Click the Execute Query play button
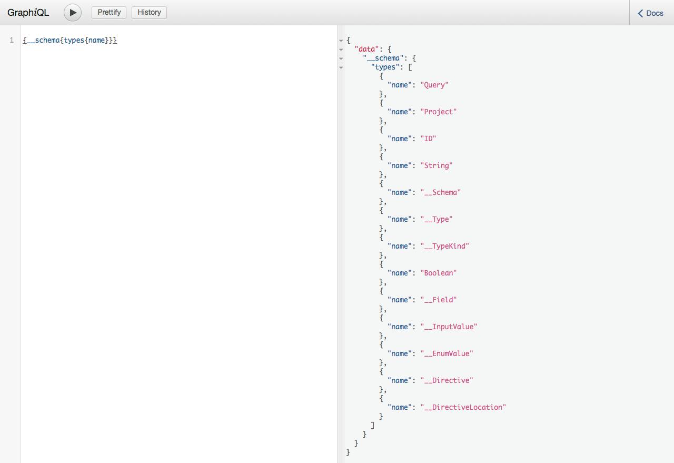pos(73,13)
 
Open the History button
pos(149,13)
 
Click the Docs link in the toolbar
pos(650,13)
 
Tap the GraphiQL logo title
pos(28,13)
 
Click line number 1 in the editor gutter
pos(12,40)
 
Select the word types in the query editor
pos(74,41)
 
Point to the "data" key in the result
pos(367,49)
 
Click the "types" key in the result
pos(385,67)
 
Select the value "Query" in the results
pos(434,85)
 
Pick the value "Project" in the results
pos(439,112)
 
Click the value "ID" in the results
pos(428,139)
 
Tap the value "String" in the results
pos(437,165)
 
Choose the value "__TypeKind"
pos(444,246)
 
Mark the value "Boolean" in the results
pos(439,273)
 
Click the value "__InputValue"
pos(449,327)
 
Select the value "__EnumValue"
pos(447,353)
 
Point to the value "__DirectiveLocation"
pos(463,407)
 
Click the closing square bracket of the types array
pos(372,425)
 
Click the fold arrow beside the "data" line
pos(341,50)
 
